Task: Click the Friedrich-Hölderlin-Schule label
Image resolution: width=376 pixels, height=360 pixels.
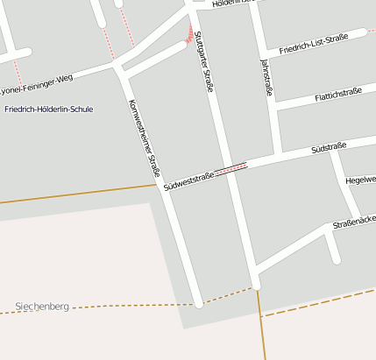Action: click(48, 109)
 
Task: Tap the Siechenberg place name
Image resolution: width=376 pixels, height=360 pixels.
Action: click(41, 307)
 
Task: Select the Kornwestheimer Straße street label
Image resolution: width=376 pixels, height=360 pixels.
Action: click(144, 138)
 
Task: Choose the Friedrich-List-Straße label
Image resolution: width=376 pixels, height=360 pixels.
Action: click(314, 44)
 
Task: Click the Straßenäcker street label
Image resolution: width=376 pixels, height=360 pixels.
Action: click(354, 224)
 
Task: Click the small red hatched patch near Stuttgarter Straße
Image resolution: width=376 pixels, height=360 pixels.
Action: click(188, 35)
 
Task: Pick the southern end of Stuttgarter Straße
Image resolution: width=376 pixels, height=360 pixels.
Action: click(256, 285)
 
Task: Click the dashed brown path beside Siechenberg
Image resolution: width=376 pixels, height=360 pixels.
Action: click(131, 306)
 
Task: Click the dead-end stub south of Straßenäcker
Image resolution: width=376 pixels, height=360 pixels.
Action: click(336, 260)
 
